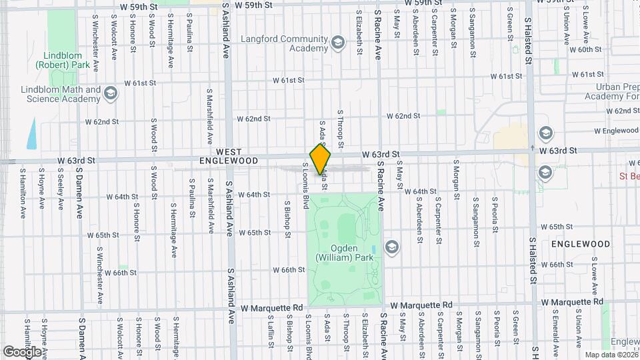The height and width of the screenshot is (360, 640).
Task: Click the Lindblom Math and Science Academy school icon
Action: (x=111, y=95)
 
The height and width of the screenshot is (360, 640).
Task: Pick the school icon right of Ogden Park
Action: (x=391, y=247)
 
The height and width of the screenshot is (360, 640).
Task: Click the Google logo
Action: (x=21, y=351)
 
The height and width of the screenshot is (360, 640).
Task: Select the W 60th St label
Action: (x=587, y=49)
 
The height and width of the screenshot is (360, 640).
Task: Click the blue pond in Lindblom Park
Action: (x=33, y=135)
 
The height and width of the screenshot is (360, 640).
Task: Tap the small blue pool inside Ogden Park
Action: (x=373, y=249)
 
